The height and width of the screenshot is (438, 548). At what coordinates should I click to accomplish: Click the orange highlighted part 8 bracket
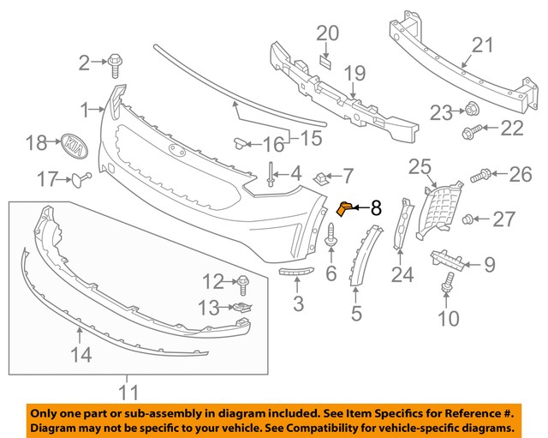(x=346, y=207)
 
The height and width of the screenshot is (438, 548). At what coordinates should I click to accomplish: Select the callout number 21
(x=484, y=45)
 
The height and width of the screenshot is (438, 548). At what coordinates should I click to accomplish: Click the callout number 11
(x=128, y=393)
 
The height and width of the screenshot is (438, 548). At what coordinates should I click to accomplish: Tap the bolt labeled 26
(x=481, y=176)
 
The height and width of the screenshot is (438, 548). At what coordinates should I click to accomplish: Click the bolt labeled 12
(x=242, y=280)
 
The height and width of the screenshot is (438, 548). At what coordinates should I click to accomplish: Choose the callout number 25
(x=419, y=165)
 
